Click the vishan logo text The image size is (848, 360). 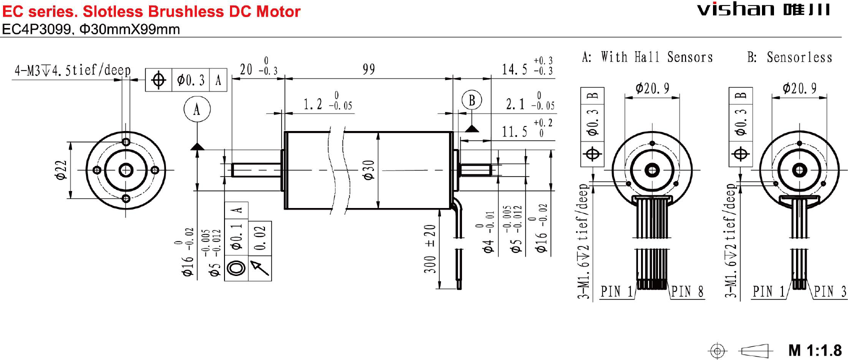[x=735, y=9]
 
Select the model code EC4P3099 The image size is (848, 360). [x=36, y=29]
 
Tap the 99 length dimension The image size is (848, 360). [x=368, y=69]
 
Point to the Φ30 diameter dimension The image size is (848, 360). [x=368, y=170]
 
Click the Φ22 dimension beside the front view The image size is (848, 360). [x=60, y=170]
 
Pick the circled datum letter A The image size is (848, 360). [x=197, y=109]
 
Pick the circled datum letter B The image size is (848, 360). [x=471, y=100]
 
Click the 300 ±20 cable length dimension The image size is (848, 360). [x=429, y=248]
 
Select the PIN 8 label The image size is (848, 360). [x=687, y=291]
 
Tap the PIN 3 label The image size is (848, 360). [x=830, y=291]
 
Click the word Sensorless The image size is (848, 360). [x=799, y=57]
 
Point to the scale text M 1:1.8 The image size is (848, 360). [x=815, y=350]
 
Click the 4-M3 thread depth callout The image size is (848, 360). [x=73, y=70]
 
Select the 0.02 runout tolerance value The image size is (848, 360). [x=260, y=238]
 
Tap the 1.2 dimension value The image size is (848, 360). [x=313, y=104]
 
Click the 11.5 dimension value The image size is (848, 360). [x=514, y=132]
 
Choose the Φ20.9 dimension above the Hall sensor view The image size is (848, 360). [x=652, y=89]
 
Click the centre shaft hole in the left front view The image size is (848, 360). [x=126, y=170]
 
